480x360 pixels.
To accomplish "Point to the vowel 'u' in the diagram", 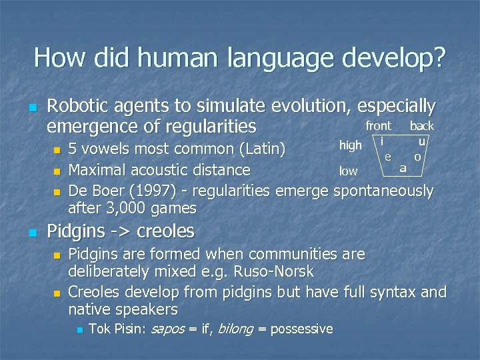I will tap(421, 141).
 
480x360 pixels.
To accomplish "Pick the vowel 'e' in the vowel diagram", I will tap(387, 156).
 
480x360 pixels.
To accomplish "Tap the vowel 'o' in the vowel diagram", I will tap(417, 157).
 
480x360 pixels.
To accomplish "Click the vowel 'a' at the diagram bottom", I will tap(403, 169).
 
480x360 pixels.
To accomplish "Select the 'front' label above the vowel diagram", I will tap(378, 126).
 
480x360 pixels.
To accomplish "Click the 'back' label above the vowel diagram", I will tap(421, 126).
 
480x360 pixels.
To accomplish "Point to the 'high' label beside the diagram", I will tap(350, 145).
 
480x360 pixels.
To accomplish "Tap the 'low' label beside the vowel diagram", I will tap(348, 171).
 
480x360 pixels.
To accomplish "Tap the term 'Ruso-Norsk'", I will tap(274, 272).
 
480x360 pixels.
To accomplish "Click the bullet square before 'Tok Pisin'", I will tap(79, 329).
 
